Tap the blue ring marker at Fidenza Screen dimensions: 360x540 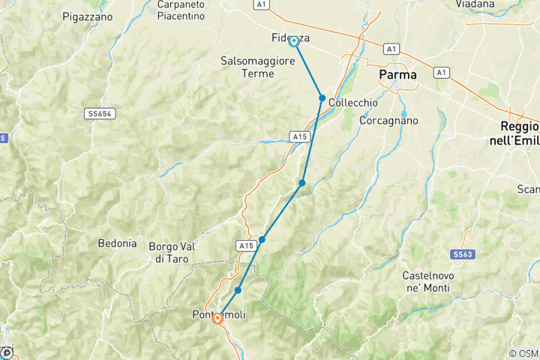tap(294, 41)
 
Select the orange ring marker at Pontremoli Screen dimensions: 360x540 tap(217, 318)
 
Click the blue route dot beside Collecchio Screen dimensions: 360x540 tap(322, 98)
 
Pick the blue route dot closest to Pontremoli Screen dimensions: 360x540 tap(238, 290)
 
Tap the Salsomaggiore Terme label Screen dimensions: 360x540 tap(258, 67)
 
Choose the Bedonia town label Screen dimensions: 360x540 tap(117, 243)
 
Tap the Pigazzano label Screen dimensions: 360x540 tap(87, 16)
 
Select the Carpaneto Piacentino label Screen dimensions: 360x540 tap(181, 10)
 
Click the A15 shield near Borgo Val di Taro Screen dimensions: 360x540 tap(246, 245)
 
